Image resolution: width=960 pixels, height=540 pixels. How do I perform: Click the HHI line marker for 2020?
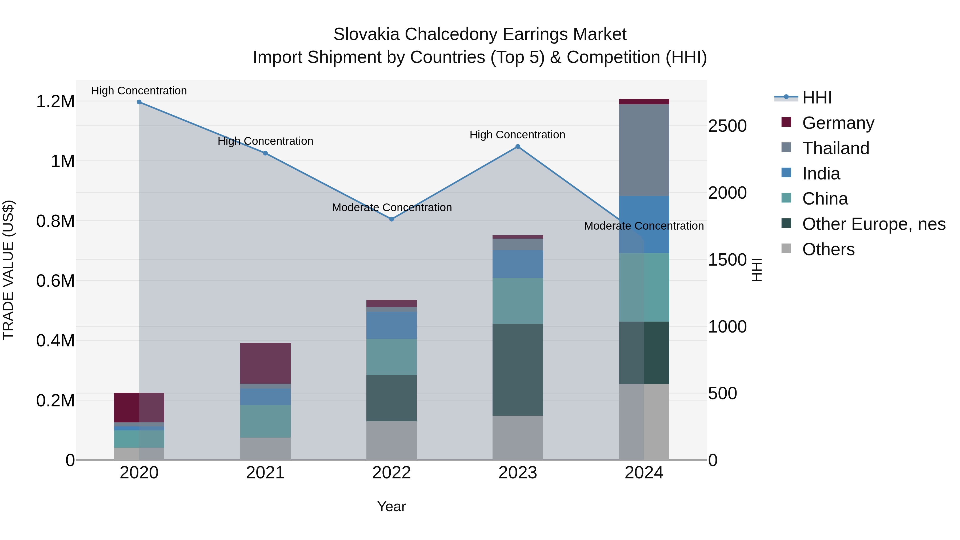139,102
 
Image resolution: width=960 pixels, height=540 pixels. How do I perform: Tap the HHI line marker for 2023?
518,147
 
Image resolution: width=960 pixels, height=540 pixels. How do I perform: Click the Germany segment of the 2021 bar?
265,363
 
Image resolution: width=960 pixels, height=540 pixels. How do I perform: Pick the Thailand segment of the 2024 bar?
644,150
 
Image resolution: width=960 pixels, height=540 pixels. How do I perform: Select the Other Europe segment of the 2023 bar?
518,369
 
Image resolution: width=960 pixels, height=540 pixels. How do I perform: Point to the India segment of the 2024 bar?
644,224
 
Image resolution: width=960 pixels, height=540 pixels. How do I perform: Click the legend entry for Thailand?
835,148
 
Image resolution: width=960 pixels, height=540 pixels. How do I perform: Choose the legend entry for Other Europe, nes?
874,224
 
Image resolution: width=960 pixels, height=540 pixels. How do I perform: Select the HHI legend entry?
817,98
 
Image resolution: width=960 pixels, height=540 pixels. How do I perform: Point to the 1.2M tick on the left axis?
55,101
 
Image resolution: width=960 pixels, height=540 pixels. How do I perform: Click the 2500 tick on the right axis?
727,126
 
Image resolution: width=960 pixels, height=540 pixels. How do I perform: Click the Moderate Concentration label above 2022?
392,207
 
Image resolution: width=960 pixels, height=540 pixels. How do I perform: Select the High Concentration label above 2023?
517,135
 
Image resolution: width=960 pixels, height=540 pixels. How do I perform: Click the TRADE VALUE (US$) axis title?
9,270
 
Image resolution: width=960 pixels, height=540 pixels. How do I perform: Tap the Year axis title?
391,506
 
